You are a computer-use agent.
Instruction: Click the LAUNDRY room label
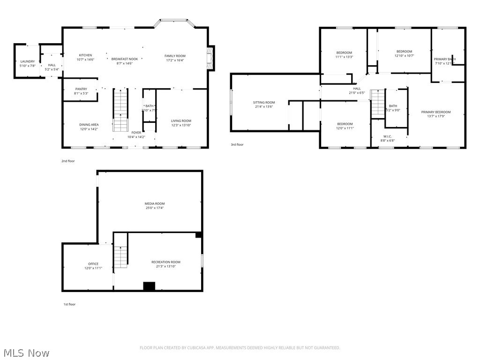27,61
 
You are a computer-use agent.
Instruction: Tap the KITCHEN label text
85,55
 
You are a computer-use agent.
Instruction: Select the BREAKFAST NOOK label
124,59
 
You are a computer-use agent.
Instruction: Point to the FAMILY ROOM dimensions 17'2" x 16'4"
175,60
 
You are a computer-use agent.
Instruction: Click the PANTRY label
81,89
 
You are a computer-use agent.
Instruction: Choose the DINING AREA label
89,125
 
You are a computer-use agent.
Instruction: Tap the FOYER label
136,133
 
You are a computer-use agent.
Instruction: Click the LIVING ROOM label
181,121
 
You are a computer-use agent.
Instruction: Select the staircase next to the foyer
121,110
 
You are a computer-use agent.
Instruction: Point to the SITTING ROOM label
264,102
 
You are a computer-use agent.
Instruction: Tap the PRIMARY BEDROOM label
435,112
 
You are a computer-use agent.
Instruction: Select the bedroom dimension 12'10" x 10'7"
404,56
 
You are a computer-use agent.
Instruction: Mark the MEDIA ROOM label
154,203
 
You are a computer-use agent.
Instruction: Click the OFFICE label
93,264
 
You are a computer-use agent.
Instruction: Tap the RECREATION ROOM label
165,262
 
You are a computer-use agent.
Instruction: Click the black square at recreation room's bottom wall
149,286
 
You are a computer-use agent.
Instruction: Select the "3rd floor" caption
237,145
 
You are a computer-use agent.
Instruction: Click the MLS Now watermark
26,352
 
